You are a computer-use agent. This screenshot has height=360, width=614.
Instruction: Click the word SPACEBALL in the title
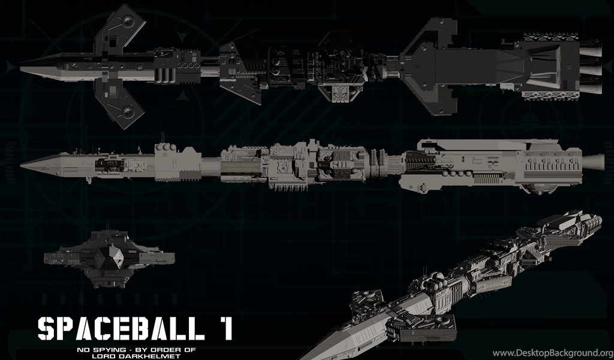tap(121, 328)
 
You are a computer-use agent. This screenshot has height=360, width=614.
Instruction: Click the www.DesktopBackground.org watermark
tap(552, 353)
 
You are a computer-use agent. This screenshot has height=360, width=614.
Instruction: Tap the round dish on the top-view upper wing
tap(128, 20)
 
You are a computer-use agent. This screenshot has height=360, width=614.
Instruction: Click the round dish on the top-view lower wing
tap(128, 112)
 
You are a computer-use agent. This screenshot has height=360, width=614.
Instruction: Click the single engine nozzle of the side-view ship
tap(593, 163)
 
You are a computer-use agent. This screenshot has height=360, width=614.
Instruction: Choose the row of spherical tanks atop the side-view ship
tap(165, 147)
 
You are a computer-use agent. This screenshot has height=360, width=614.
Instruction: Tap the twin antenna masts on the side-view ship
tap(162, 138)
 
